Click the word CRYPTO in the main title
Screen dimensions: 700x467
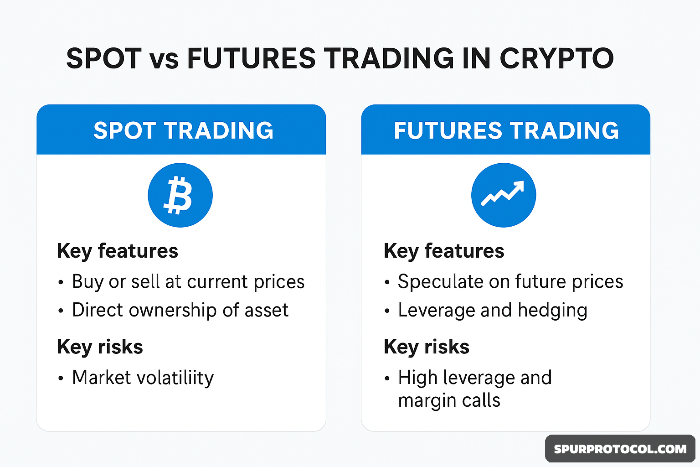pos(556,58)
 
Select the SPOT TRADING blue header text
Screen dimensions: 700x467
pos(184,130)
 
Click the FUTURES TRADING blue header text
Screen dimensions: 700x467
pos(506,130)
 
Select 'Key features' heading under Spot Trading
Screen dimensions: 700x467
pos(118,251)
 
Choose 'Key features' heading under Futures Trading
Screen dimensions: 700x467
pos(444,251)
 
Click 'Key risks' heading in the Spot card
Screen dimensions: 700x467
pos(100,347)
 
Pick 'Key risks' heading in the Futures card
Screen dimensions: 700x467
pos(427,347)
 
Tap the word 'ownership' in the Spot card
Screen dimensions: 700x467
pos(173,311)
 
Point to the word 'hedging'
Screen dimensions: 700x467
pos(552,311)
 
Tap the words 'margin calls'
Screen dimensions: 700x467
pos(449,401)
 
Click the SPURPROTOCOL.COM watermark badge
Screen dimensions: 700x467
pos(620,449)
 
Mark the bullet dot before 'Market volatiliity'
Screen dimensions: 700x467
pos(61,378)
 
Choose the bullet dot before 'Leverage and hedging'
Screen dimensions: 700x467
pos(387,311)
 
